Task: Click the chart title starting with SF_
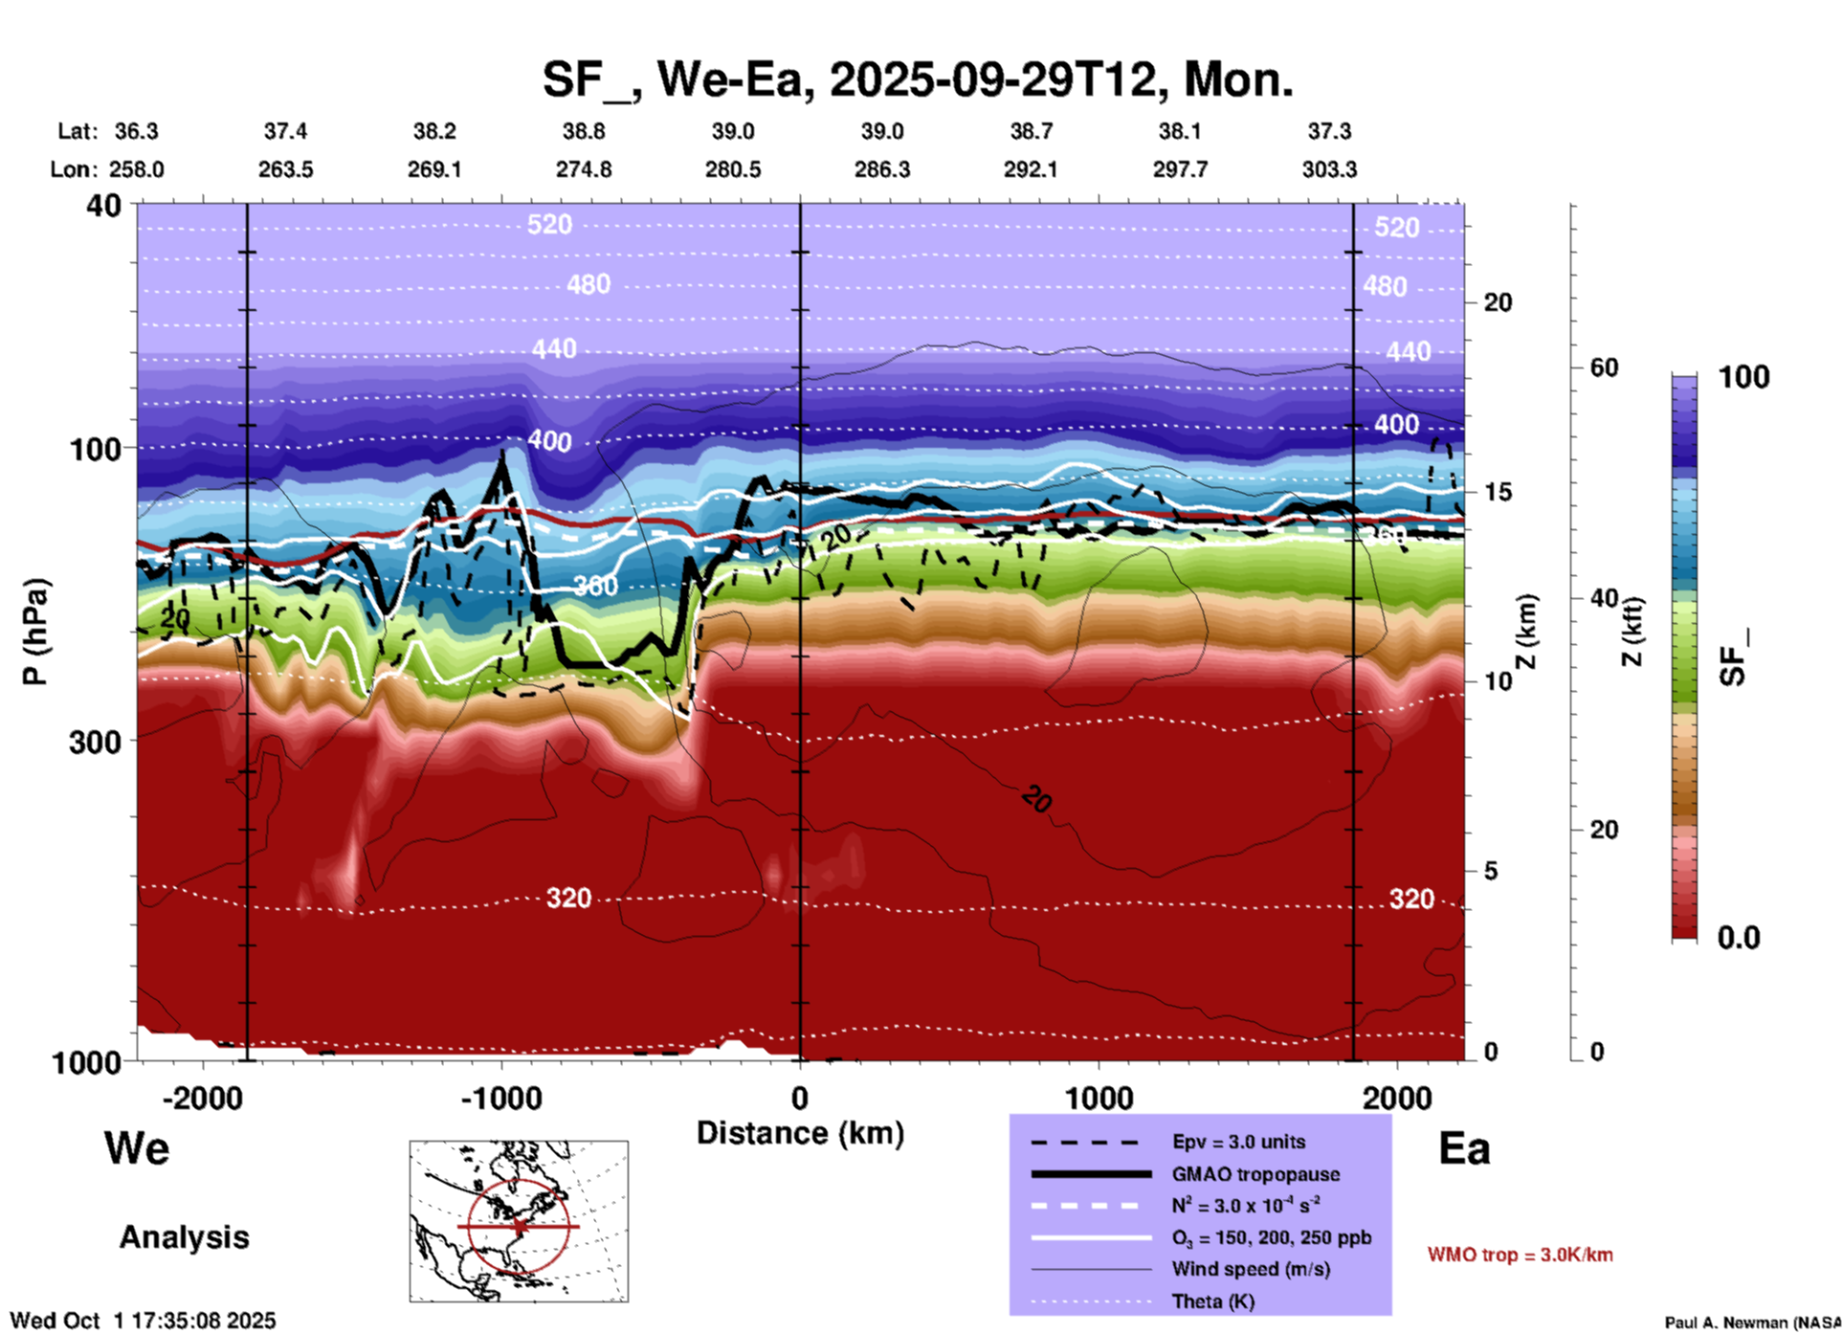pos(917,79)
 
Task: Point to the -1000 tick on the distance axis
pos(500,1099)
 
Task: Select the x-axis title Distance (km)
pos(800,1133)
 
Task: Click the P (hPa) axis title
pos(35,632)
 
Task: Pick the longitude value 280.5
pos(733,169)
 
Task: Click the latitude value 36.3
pos(136,131)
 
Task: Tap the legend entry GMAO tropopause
pos(1255,1174)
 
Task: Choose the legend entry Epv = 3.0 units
pos(1237,1142)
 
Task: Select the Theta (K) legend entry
pos(1212,1301)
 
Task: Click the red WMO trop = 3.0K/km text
pos(1520,1255)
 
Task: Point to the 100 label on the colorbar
pos(1743,377)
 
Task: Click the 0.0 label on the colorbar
pos(1739,938)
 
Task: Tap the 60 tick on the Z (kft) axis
pos(1604,367)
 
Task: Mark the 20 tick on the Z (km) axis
pos(1497,303)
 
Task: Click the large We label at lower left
pos(137,1147)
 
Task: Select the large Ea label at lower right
pos(1463,1148)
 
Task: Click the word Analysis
pos(184,1237)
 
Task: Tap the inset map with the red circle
pos(519,1221)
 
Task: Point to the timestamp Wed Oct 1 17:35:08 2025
pos(143,1321)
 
